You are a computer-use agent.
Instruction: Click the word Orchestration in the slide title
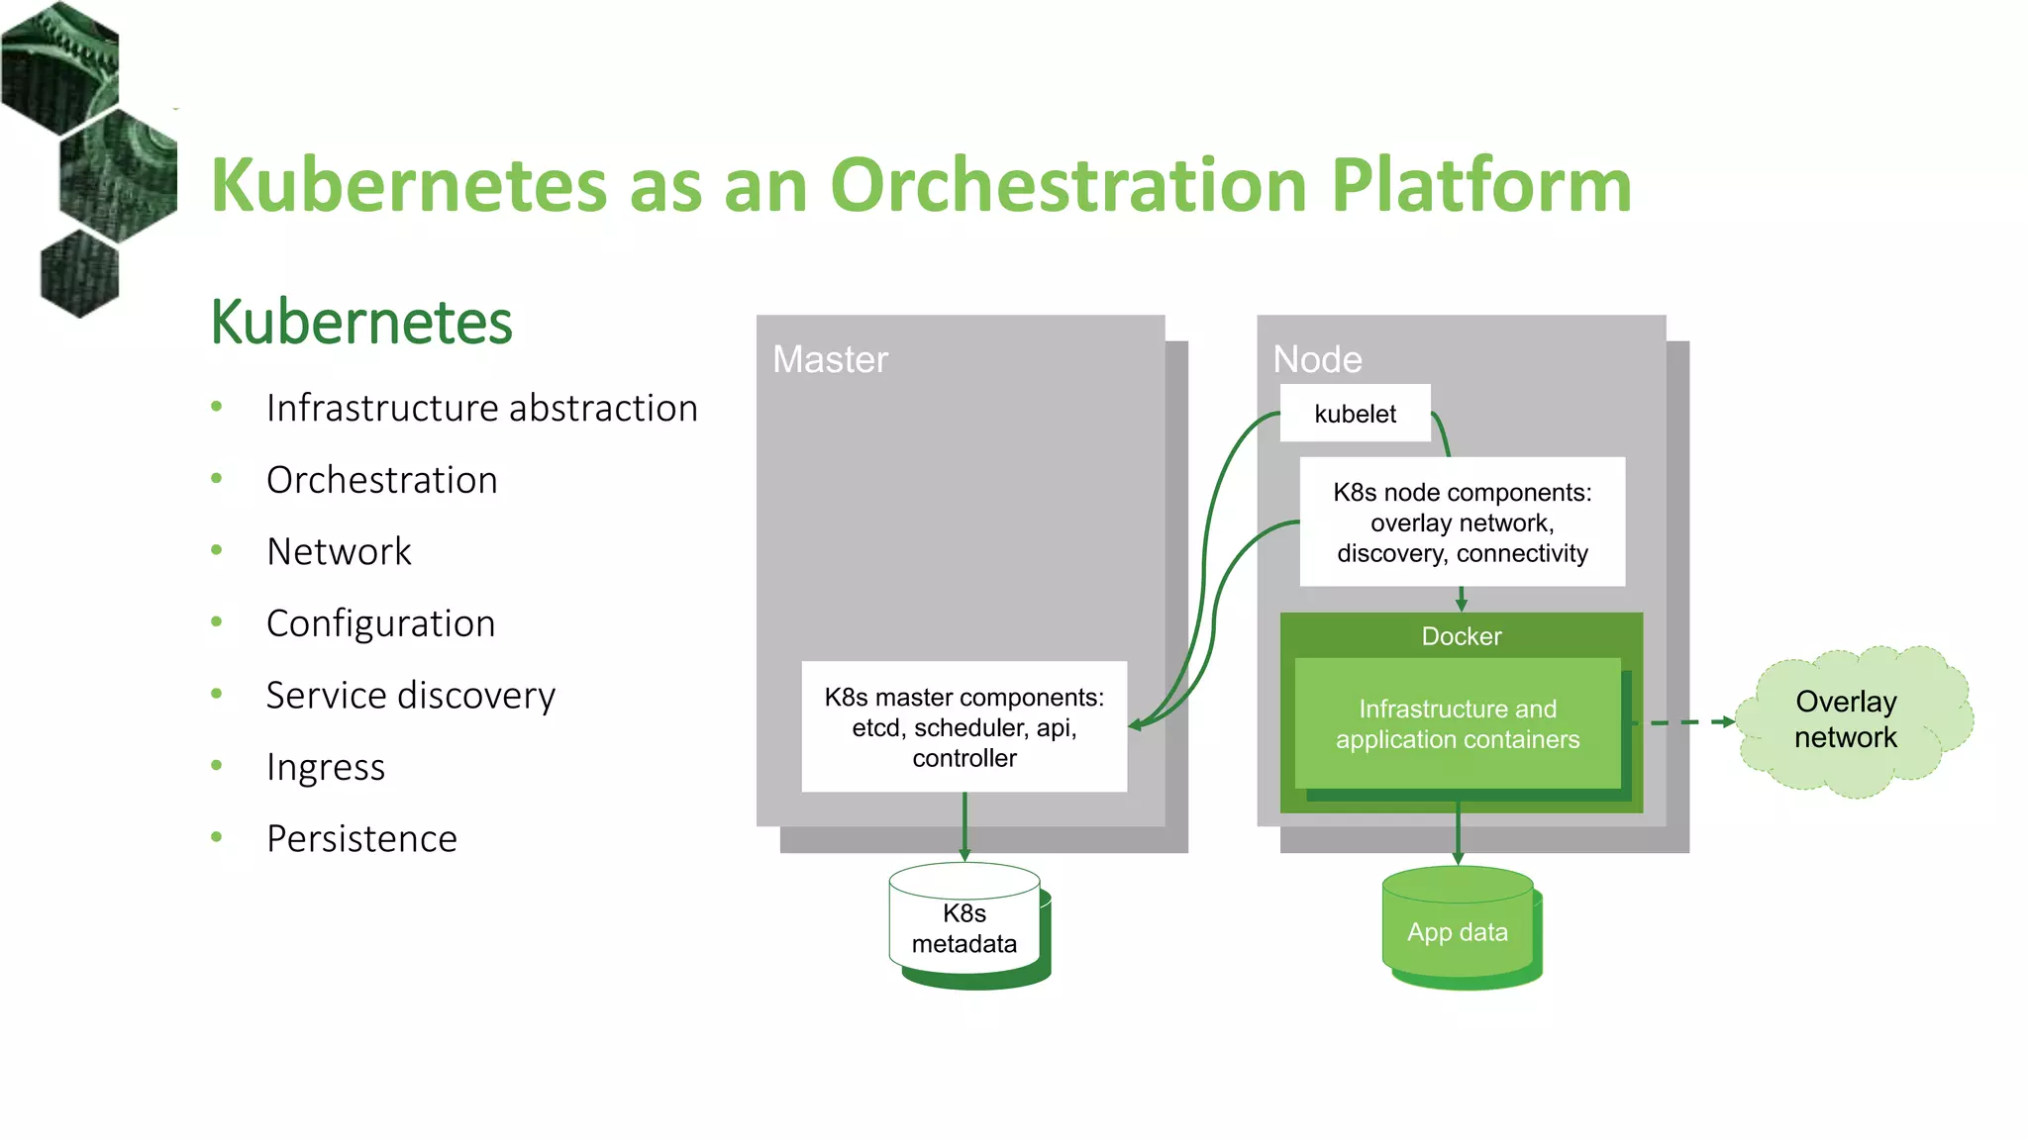pos(1068,186)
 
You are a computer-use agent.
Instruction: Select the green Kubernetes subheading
pos(361,323)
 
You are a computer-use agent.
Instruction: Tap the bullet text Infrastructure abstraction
pos(482,409)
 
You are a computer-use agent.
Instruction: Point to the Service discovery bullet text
pos(411,696)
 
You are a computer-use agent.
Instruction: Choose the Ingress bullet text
pos(326,768)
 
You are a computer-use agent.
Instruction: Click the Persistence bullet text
pos(362,839)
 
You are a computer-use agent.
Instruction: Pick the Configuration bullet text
pos(381,624)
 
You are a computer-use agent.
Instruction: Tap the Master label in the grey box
pos(830,360)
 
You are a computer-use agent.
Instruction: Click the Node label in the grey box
pos(1317,360)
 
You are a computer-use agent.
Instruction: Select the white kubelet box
pos(1355,414)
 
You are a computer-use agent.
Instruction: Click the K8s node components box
pos(1462,522)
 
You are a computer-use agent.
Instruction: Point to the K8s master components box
pos(963,727)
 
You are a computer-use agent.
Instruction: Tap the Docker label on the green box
pos(1461,636)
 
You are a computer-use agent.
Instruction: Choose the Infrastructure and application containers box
pos(1457,724)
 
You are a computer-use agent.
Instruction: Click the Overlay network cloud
pos(1846,720)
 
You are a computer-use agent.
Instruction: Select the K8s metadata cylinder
pos(964,927)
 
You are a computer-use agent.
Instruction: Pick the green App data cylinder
pos(1458,930)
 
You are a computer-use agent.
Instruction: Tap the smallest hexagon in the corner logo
pos(79,273)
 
